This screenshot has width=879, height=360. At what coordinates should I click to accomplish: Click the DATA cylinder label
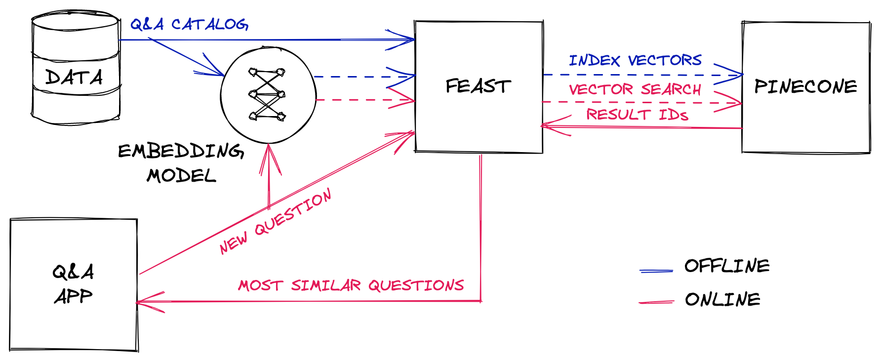coord(74,78)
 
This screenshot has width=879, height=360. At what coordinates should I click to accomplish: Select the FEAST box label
coord(478,86)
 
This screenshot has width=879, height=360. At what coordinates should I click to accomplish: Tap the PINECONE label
coord(805,87)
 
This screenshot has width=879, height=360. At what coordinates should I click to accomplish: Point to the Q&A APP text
coord(73,284)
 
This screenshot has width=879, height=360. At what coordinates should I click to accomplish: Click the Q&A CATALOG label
coord(189,24)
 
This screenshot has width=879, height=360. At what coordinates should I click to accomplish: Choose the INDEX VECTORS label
coord(635,61)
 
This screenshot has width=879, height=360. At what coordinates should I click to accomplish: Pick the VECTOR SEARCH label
coord(635,89)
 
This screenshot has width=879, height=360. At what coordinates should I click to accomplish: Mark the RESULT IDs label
coord(637,115)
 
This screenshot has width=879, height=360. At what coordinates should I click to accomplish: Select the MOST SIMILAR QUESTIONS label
coord(351,285)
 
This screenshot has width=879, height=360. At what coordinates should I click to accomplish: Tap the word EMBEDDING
coord(181,151)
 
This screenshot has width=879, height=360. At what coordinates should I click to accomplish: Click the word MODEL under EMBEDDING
coord(181,176)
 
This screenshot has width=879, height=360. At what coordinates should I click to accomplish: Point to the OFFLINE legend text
coord(727,266)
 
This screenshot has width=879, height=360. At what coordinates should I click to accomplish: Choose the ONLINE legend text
coord(722,300)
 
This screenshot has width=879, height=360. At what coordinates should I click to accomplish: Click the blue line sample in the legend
coord(656,271)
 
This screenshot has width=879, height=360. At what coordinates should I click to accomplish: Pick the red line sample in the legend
coord(656,302)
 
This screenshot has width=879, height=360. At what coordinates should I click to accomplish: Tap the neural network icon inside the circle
coord(267,94)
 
